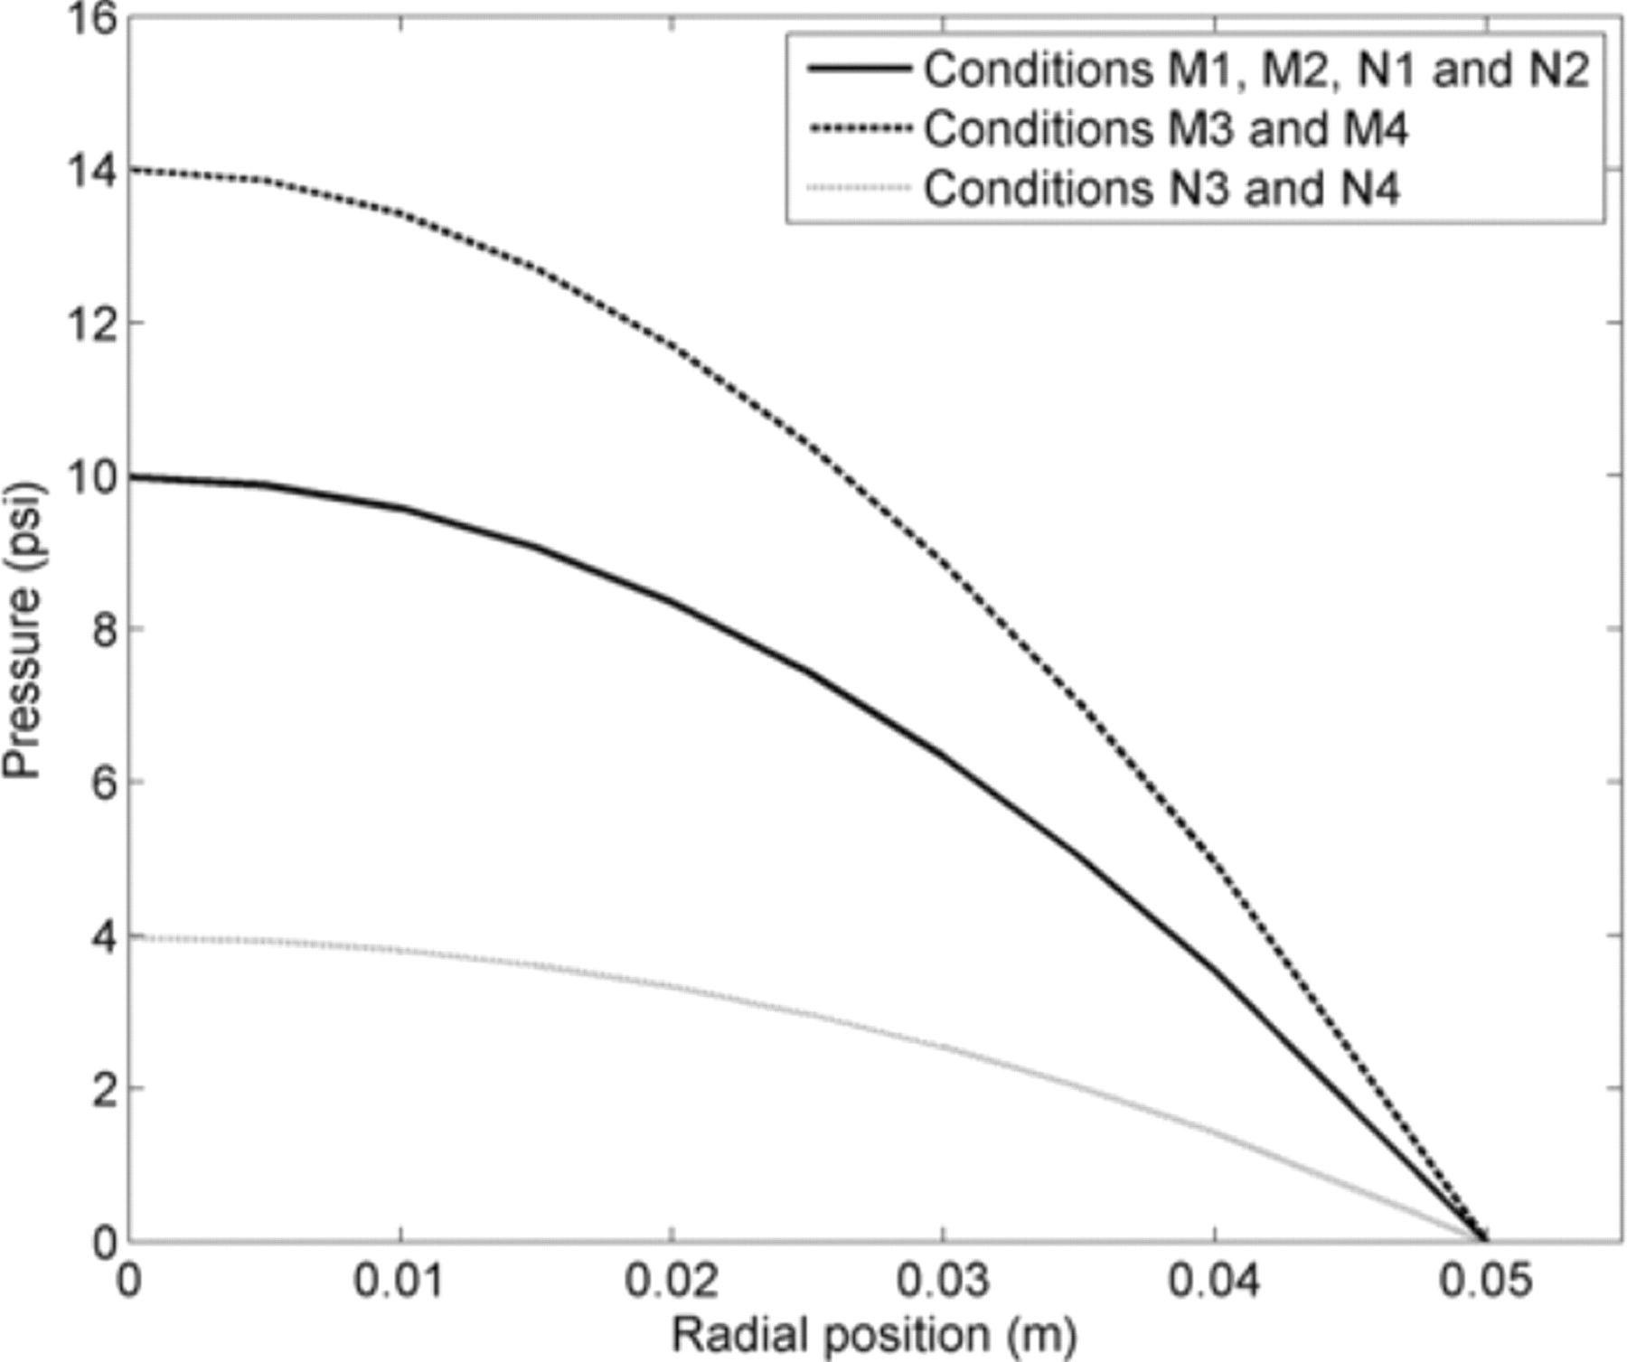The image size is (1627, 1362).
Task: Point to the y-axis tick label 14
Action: [x=93, y=171]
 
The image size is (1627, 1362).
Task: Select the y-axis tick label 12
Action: [x=93, y=324]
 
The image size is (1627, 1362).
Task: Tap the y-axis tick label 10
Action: [x=93, y=476]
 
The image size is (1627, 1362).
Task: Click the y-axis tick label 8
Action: [x=104, y=629]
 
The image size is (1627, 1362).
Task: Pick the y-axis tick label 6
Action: [x=104, y=782]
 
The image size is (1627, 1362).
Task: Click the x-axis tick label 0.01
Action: [x=399, y=1282]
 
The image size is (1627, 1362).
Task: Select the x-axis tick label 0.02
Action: [x=671, y=1282]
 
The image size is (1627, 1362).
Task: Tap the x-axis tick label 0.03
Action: [x=943, y=1282]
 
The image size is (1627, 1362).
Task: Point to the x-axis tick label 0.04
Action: [x=1214, y=1282]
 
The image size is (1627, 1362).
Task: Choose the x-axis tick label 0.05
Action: [x=1485, y=1282]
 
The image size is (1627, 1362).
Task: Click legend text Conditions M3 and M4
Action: [x=1166, y=129]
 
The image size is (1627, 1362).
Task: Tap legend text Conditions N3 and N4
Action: [x=1161, y=189]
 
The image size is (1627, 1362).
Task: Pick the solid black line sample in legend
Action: [x=859, y=69]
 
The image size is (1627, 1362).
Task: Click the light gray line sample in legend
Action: [x=859, y=188]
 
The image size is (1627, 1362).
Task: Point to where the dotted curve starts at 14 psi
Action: [x=131, y=170]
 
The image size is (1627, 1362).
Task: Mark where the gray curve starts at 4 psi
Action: [x=132, y=937]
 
